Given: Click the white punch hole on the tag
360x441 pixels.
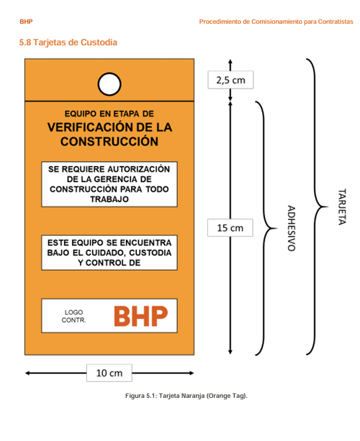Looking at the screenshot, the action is pos(109,84).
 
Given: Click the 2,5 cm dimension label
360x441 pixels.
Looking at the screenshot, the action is pos(230,80).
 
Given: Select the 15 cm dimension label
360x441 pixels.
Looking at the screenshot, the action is pos(230,228).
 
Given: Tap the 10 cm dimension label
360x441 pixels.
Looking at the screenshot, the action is pos(109,373).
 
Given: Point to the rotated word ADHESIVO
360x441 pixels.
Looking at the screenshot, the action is pos(292,228).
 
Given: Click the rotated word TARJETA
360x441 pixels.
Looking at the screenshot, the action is pos(342,206).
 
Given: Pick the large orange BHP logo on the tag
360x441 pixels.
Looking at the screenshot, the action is pos(140,316).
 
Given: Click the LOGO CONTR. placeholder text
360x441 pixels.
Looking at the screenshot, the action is pos(73,316).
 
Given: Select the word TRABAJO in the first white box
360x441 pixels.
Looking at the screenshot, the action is pos(109,199).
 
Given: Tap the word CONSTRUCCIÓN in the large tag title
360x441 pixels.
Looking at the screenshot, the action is pos(109,141).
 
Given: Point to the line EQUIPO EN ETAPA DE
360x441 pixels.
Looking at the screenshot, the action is pos(109,114).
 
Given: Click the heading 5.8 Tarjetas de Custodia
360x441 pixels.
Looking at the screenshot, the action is pos(68,42).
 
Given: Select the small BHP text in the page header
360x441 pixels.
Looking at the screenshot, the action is pos(26,22).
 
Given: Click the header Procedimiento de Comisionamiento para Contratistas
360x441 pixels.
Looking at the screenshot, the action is pos(276,22).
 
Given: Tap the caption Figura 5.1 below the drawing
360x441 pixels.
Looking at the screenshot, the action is pos(186,396).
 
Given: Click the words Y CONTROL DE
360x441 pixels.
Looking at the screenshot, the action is pos(109,263).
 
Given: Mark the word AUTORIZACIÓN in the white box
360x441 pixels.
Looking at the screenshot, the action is pos(139,169).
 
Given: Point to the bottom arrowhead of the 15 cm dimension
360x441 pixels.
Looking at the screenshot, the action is pos(230,352).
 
